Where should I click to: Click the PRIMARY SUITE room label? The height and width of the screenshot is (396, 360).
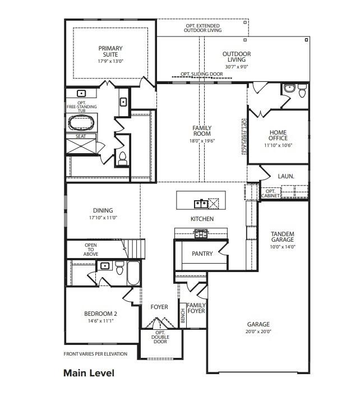click(110, 52)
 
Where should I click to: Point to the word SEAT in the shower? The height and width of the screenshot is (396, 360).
click(81, 136)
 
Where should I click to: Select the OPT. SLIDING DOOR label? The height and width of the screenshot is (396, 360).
click(201, 74)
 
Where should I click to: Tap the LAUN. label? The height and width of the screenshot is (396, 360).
click(285, 176)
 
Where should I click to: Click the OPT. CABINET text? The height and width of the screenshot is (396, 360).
click(269, 194)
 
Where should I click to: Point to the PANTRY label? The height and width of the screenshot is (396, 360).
click(202, 254)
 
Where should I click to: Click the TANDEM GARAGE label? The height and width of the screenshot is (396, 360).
click(283, 237)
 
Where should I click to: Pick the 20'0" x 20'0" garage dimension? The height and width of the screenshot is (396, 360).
click(259, 331)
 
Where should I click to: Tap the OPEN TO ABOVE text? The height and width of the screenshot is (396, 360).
click(91, 248)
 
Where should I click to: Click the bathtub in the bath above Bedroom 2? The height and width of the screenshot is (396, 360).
click(133, 273)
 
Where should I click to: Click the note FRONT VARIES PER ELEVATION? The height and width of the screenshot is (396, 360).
click(95, 354)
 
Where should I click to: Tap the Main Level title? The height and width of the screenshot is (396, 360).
click(89, 373)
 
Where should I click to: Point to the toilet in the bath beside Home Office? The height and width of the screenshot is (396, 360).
click(302, 90)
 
